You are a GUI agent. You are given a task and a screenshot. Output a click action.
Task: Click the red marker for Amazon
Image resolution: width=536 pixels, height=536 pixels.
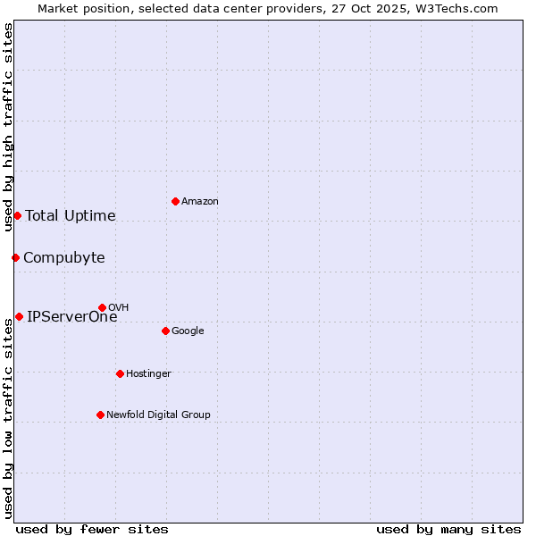click(175, 201)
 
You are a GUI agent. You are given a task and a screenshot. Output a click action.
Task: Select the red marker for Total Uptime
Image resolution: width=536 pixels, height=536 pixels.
click(17, 215)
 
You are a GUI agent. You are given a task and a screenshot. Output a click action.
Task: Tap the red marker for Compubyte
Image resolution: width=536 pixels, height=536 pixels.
click(15, 257)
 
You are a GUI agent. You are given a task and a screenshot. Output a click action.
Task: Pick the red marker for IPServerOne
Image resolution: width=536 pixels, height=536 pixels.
click(19, 316)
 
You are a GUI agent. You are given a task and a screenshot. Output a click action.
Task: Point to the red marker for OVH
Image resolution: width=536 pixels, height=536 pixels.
click(102, 307)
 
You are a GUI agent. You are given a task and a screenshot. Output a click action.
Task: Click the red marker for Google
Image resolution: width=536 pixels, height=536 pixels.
click(165, 331)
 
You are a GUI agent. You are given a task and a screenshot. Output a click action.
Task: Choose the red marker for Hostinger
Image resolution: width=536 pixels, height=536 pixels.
click(120, 373)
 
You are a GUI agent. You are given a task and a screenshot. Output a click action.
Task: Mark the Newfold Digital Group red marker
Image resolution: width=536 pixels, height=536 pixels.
click(100, 415)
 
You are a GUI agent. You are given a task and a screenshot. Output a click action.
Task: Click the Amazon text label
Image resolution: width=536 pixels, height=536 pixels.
click(200, 202)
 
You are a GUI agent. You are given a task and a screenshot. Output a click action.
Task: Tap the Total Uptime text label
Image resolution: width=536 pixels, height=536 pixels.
click(71, 215)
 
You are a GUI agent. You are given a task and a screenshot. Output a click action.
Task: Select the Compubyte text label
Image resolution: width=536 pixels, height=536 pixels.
click(64, 258)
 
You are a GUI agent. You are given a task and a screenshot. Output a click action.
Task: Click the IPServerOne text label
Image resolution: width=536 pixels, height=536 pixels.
click(71, 316)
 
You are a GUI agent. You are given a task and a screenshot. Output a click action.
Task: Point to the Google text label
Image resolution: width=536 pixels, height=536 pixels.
click(188, 331)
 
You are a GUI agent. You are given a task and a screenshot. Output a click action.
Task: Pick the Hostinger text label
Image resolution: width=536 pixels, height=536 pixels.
click(148, 374)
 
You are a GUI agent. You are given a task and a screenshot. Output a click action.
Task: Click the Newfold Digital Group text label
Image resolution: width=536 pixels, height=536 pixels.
click(158, 415)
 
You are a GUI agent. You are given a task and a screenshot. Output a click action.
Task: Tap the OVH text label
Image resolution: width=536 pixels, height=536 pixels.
click(119, 308)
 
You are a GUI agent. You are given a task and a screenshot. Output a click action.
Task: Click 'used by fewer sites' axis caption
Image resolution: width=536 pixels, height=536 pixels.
click(92, 529)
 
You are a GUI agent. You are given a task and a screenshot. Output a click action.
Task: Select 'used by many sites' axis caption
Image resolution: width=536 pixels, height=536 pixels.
click(448, 529)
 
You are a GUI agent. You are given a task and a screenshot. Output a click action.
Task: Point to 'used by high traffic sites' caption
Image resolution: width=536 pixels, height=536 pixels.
click(9, 127)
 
